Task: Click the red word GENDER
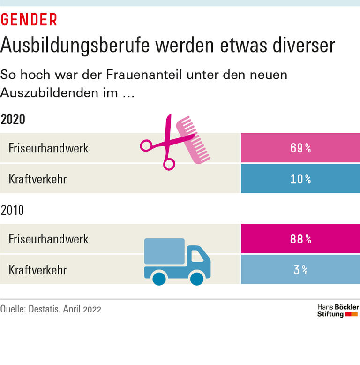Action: pos(29,19)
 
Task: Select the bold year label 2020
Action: pos(13,119)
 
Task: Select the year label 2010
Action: pos(13,210)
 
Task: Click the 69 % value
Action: pos(300,148)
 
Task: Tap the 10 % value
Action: pos(300,179)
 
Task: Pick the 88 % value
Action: pos(300,239)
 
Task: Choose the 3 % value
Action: pos(300,270)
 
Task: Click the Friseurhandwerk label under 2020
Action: pos(48,148)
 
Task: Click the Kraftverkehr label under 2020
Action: pos(37,179)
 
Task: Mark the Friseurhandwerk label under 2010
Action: pos(48,239)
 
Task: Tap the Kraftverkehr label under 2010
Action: pos(37,270)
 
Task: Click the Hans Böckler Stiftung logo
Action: pos(337,311)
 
